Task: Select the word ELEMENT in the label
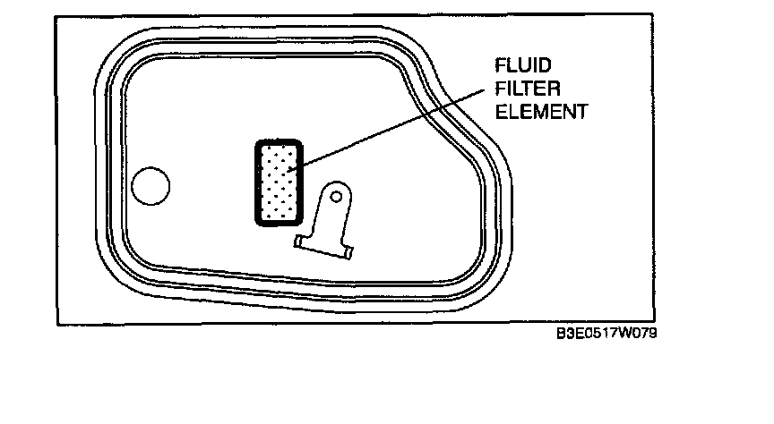[x=541, y=113]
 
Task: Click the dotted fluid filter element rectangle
[x=278, y=182]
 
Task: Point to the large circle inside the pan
[x=150, y=185]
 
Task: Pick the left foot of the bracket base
[x=300, y=242]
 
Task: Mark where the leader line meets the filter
[x=296, y=165]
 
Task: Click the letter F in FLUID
[x=501, y=66]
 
